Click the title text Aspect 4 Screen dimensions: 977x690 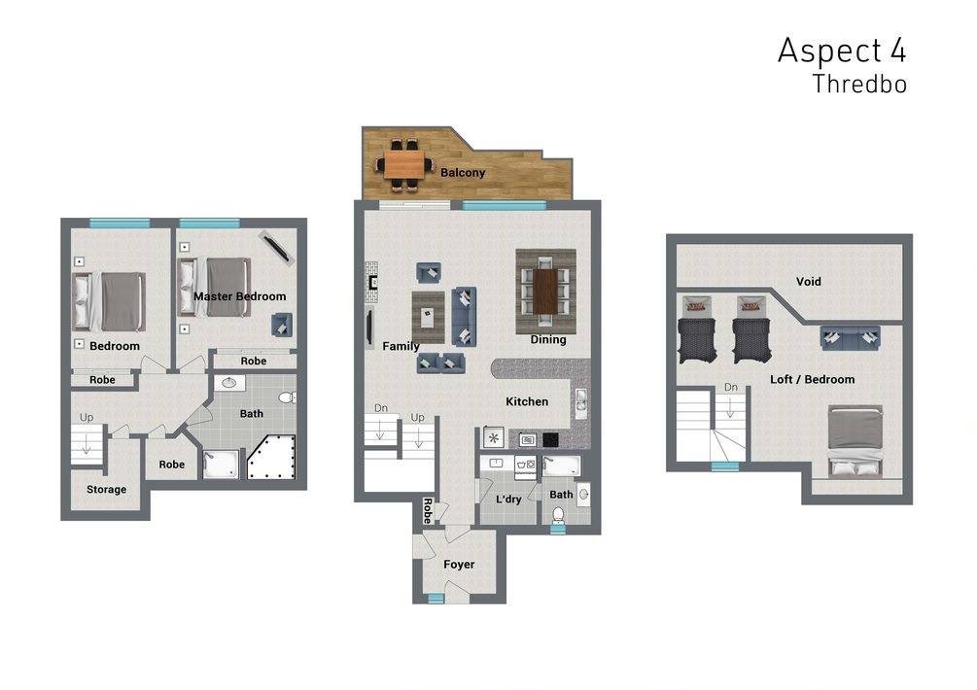842,52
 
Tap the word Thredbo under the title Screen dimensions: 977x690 859,85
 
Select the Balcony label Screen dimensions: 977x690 463,173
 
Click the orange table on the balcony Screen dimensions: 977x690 403,165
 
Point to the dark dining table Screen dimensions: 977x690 545,292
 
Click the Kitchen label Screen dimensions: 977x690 527,401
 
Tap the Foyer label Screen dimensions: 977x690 459,565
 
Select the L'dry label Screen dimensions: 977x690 508,499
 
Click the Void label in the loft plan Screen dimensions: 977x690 808,282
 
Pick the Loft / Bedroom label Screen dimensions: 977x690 812,379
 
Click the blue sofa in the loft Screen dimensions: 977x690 850,337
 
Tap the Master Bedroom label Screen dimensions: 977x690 239,296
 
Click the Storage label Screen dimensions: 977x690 106,490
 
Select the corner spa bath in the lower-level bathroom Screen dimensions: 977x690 271,458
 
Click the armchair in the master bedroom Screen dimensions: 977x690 282,325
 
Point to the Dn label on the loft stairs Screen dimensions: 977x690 730,388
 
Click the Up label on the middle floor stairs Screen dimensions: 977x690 417,417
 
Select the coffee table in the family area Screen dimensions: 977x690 428,318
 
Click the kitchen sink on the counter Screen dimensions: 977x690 580,403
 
